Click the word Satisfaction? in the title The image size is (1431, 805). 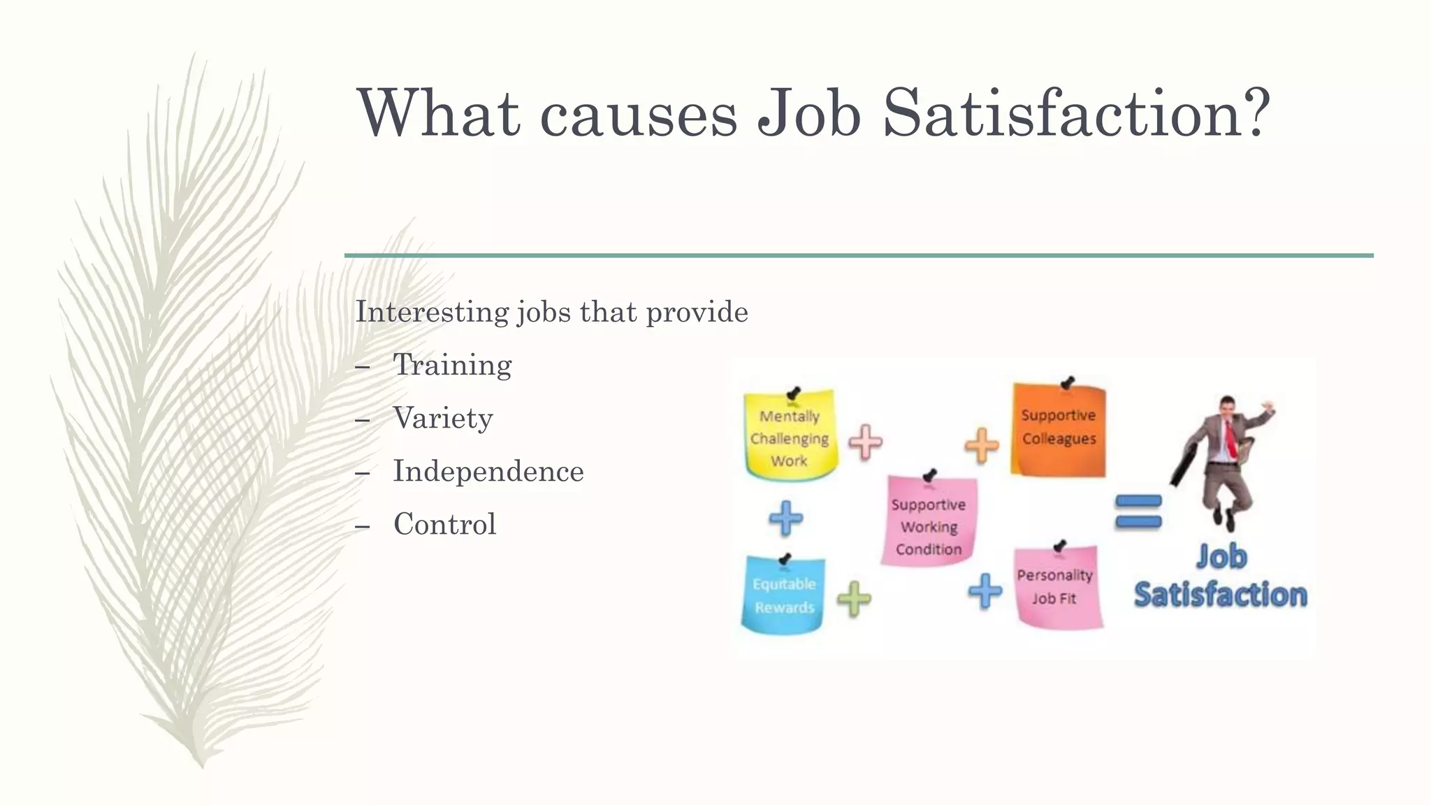click(1076, 113)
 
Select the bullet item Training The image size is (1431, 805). click(452, 365)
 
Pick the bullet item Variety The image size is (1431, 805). click(443, 418)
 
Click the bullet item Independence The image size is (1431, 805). click(488, 471)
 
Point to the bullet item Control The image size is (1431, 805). click(445, 524)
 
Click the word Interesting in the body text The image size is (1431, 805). click(433, 312)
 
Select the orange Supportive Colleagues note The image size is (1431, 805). click(1059, 430)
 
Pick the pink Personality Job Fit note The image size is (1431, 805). click(1056, 587)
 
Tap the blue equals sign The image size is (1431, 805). click(1138, 512)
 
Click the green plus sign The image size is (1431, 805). click(854, 598)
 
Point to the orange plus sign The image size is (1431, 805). click(982, 445)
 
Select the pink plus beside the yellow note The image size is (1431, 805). click(866, 442)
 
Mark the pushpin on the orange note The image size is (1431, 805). click(1067, 383)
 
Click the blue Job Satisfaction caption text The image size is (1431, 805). click(1220, 577)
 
